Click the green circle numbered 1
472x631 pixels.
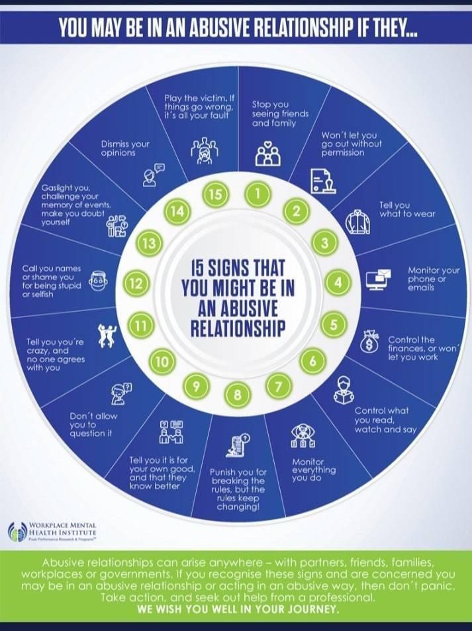pyautogui.click(x=259, y=193)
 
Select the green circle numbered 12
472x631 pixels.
pyautogui.click(x=135, y=284)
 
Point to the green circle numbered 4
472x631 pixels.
pyautogui.click(x=338, y=283)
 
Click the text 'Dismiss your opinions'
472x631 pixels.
pyautogui.click(x=125, y=148)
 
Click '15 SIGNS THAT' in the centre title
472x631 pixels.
pyautogui.click(x=237, y=269)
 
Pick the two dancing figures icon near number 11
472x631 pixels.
pyautogui.click(x=107, y=334)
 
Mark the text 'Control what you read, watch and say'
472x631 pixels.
pyautogui.click(x=385, y=420)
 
